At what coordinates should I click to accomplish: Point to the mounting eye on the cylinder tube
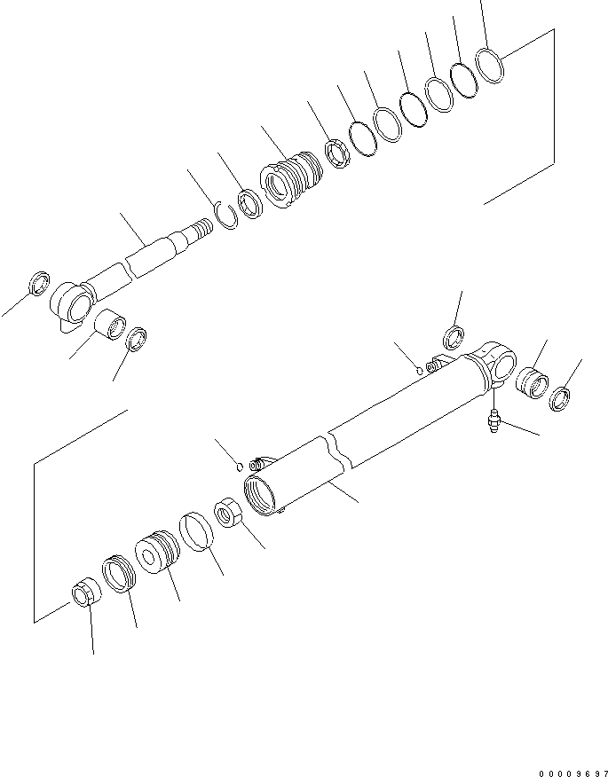click(x=500, y=361)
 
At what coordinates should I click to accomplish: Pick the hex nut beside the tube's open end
click(x=227, y=514)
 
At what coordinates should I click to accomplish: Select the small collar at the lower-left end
click(x=83, y=592)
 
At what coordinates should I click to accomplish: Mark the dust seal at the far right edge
click(x=562, y=398)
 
